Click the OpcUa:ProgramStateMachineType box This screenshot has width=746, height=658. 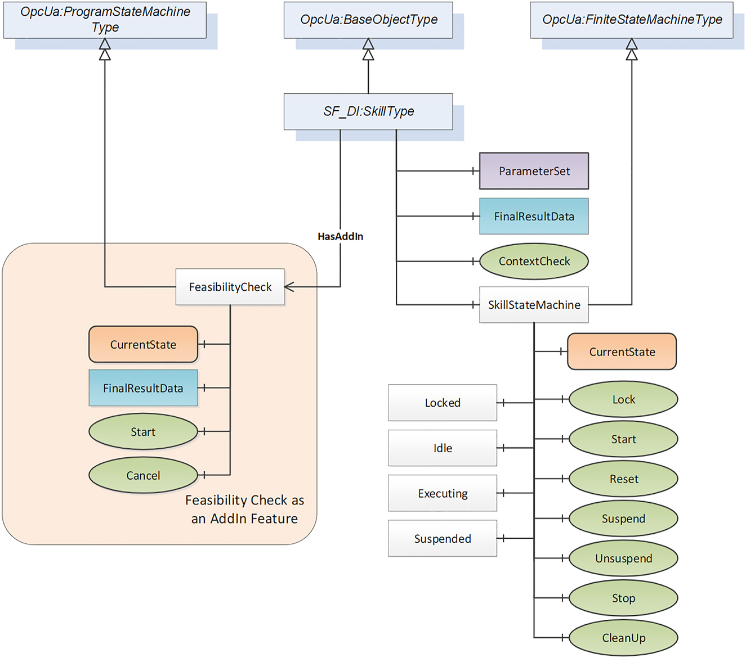[x=105, y=20]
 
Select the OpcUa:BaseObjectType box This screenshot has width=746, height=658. [x=368, y=20]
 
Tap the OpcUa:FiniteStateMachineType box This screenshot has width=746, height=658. [x=631, y=20]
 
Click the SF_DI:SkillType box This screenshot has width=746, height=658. [x=368, y=111]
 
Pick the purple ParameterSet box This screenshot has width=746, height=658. [x=534, y=171]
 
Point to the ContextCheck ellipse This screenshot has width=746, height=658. [x=534, y=261]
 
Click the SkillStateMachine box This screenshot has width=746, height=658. [x=534, y=305]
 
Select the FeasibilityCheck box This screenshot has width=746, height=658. [x=230, y=287]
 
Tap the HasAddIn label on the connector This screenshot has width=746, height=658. [x=340, y=237]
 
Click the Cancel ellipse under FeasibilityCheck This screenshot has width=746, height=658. [x=143, y=475]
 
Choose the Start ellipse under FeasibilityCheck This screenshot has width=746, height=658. [x=143, y=432]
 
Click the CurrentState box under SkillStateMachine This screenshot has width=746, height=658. [x=622, y=351]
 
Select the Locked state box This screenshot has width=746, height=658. [x=443, y=403]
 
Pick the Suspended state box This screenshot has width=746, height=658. [x=443, y=539]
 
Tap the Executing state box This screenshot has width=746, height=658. [x=443, y=493]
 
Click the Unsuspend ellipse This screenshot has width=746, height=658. [x=623, y=558]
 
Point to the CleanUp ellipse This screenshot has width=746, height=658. [x=623, y=638]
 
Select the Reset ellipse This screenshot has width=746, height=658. [x=623, y=479]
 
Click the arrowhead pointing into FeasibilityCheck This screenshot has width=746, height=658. [x=289, y=287]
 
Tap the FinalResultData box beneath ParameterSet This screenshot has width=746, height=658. [x=534, y=216]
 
